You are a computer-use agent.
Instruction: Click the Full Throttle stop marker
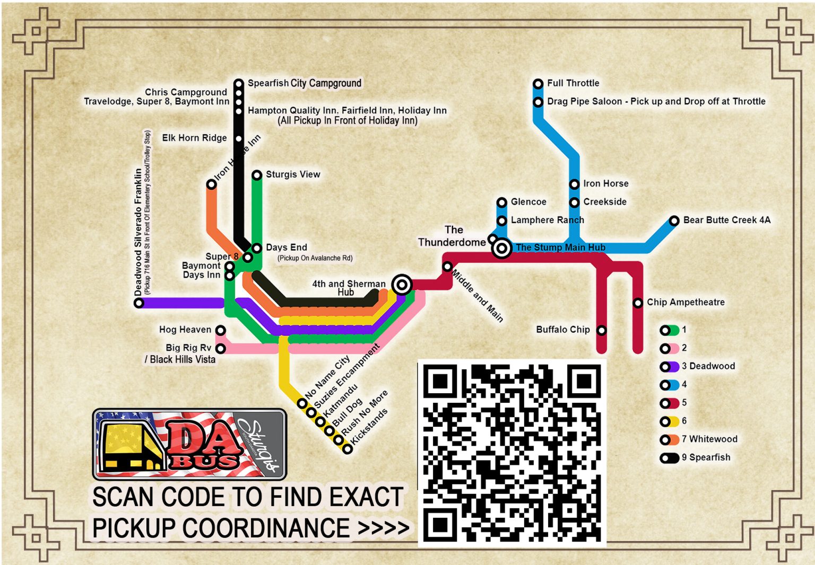coord(538,84)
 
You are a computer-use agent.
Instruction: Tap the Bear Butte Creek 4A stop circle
coord(674,220)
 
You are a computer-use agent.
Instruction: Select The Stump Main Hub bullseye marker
coord(501,248)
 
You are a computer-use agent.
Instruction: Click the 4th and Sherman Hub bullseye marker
coord(402,285)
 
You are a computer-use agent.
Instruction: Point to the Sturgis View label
coord(293,174)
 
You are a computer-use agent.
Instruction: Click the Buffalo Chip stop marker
coord(601,330)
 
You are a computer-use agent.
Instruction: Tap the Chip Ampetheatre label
coord(686,302)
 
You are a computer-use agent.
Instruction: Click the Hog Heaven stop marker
coord(221,330)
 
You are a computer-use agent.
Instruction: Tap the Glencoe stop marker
coord(502,202)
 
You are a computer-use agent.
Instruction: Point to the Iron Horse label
coord(605,183)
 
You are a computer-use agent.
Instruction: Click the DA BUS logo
coord(190,444)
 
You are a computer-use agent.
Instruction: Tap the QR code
coord(512,453)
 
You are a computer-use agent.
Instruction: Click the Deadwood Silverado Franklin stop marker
coord(139,303)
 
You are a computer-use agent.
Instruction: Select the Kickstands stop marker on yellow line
coord(348,449)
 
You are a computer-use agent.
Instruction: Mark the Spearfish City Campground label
coord(304,83)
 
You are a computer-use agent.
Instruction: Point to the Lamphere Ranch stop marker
coord(502,220)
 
